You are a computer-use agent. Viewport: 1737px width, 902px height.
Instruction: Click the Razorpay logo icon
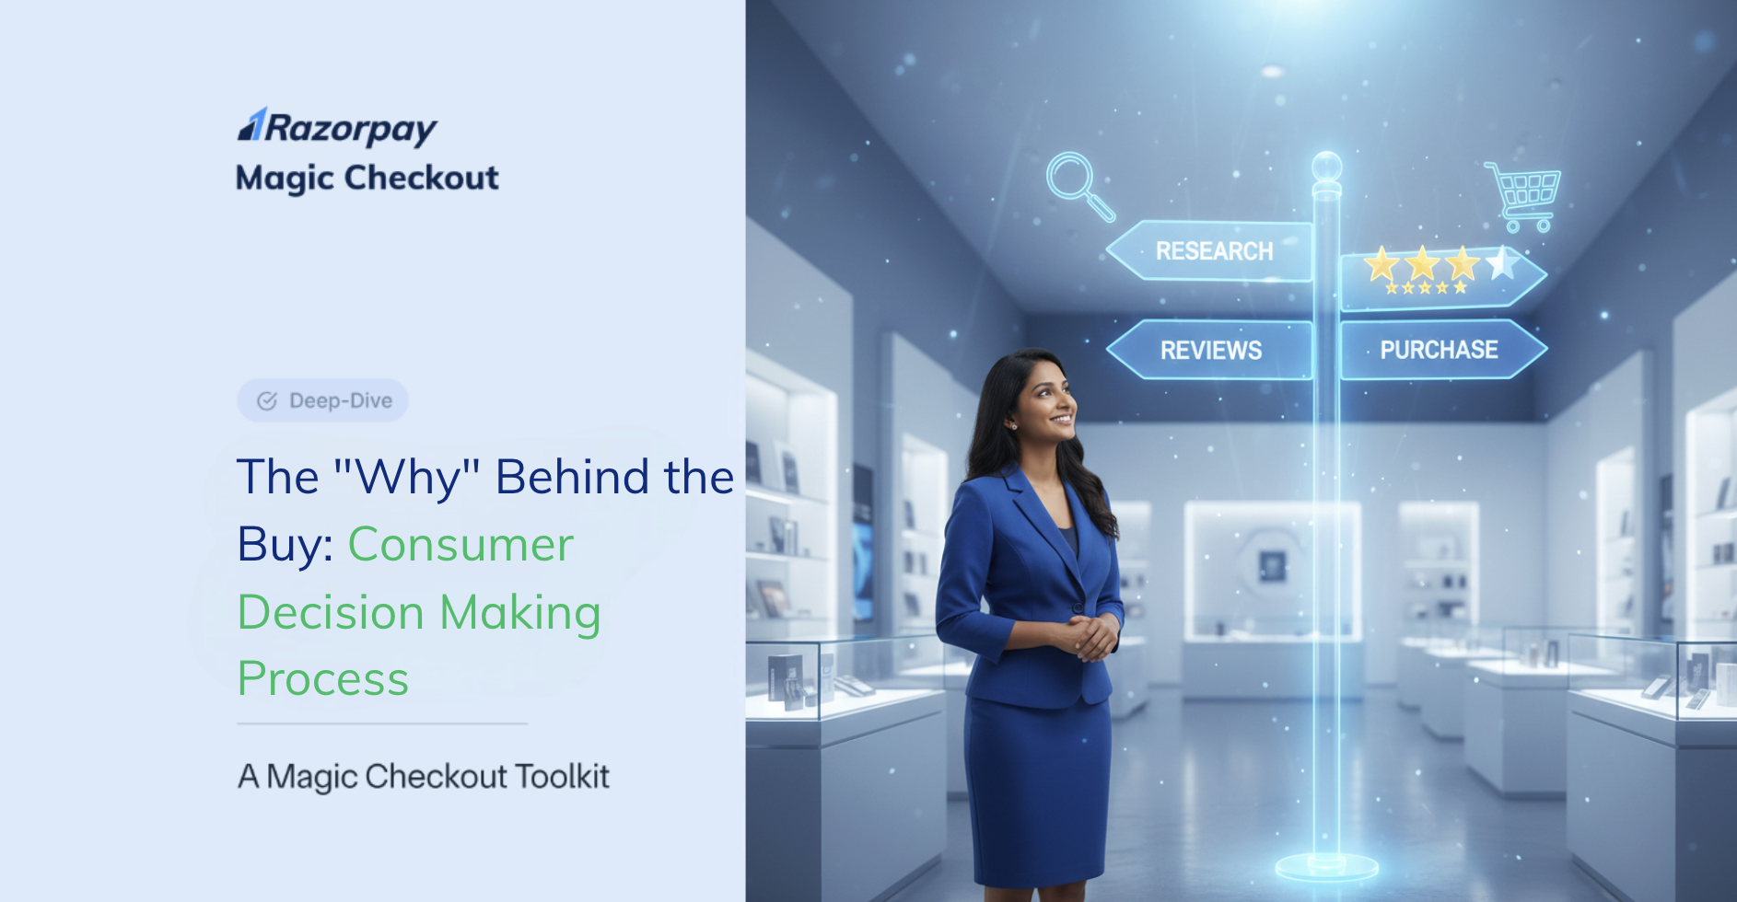pyautogui.click(x=252, y=125)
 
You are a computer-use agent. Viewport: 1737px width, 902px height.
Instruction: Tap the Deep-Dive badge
pyautogui.click(x=323, y=400)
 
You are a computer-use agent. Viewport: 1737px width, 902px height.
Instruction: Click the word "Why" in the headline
pyautogui.click(x=407, y=478)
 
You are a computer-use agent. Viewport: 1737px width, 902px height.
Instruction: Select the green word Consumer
pyautogui.click(x=460, y=544)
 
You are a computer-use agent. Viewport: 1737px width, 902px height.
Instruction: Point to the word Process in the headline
pyautogui.click(x=323, y=679)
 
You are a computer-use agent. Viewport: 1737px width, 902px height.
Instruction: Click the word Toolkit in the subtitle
pyautogui.click(x=562, y=776)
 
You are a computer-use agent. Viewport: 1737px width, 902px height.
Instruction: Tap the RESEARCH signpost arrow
pyautogui.click(x=1209, y=250)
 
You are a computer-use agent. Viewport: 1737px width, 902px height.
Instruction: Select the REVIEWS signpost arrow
pyautogui.click(x=1209, y=350)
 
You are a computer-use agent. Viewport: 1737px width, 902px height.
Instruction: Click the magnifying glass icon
pyautogui.click(x=1080, y=186)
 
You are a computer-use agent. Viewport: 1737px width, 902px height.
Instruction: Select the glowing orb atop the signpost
pyautogui.click(x=1327, y=168)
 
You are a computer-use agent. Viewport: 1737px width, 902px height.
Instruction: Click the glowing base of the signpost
pyautogui.click(x=1327, y=866)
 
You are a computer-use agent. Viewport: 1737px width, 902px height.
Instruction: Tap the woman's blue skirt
pyautogui.click(x=1038, y=787)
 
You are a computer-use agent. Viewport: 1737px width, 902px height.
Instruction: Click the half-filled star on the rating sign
pyautogui.click(x=1503, y=263)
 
